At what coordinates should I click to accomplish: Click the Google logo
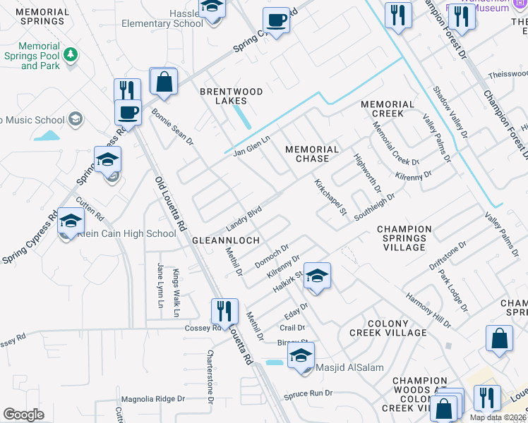(x=23, y=415)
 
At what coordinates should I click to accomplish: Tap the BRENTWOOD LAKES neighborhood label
(x=231, y=96)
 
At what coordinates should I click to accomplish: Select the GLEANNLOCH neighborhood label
(x=220, y=240)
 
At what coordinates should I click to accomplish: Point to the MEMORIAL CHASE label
(x=312, y=154)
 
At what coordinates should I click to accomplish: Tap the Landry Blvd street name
(x=244, y=219)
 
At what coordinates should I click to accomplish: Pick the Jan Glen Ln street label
(x=252, y=145)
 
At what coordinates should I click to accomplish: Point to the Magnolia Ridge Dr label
(x=153, y=398)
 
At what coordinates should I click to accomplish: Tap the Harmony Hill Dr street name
(x=428, y=309)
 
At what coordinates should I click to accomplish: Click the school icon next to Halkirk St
(x=317, y=277)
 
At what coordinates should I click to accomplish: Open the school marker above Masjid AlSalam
(x=301, y=356)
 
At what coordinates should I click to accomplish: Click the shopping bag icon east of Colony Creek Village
(x=499, y=338)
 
